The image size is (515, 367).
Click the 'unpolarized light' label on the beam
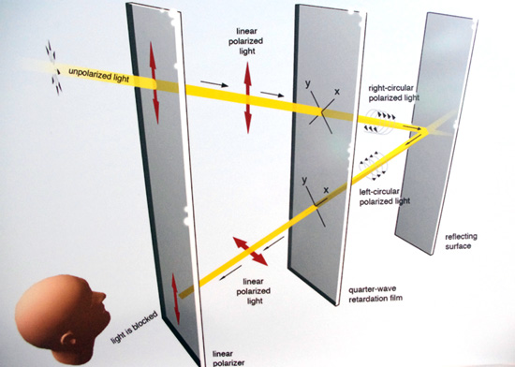point(99,76)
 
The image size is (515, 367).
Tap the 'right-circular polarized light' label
point(394,93)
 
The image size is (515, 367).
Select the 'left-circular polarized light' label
point(385,197)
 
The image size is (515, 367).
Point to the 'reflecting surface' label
point(461,242)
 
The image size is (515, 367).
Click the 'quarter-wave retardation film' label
point(375,294)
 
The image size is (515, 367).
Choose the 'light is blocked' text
point(134,327)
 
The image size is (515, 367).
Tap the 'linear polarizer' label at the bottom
point(228,359)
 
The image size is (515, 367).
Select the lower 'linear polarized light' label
point(254,291)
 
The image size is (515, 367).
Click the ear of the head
point(68,338)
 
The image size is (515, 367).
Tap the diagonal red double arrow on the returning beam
point(250,251)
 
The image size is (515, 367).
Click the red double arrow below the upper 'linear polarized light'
point(248,97)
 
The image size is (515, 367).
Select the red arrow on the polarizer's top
point(154,82)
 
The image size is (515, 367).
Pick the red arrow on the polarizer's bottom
point(176,300)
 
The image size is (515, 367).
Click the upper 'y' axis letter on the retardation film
point(308,83)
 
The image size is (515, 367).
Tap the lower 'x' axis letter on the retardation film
point(326,190)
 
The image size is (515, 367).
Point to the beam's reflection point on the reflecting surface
point(427,131)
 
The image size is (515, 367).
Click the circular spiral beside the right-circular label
point(379,122)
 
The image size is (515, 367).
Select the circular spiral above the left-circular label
point(374,166)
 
